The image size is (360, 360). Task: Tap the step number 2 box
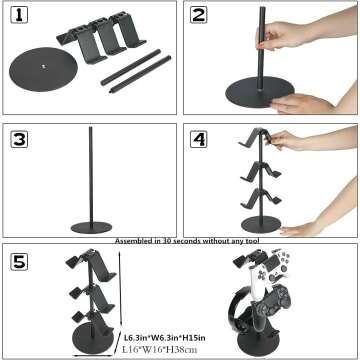(199, 16)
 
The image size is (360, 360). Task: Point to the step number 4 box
(199, 139)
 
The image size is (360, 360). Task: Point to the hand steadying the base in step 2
(300, 100)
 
